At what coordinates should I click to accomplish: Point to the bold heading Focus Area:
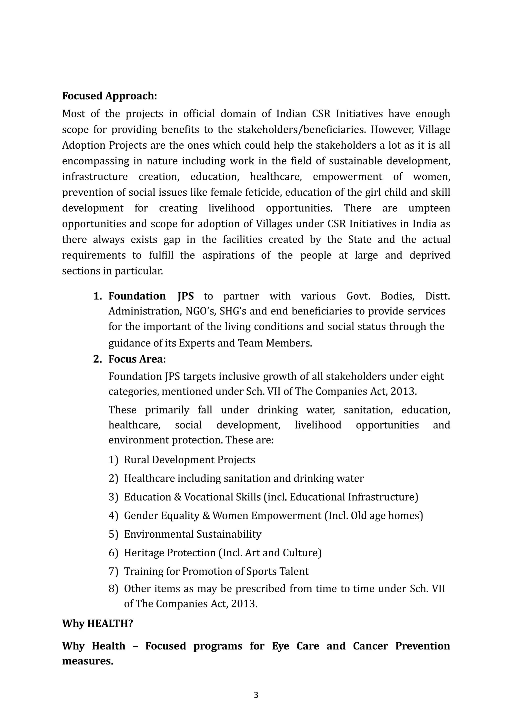(137, 359)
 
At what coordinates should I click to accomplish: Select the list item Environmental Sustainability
(192, 534)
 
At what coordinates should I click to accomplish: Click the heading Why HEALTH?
(97, 623)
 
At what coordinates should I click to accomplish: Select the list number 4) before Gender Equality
(113, 515)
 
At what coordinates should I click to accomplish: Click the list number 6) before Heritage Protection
(113, 553)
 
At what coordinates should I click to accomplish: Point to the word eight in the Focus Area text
(432, 377)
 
